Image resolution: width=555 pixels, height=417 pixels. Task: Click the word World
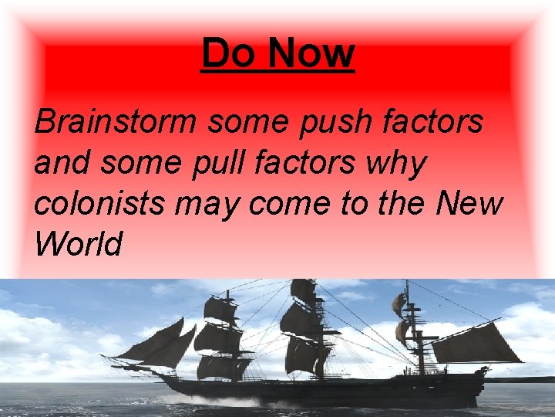tap(79, 244)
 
